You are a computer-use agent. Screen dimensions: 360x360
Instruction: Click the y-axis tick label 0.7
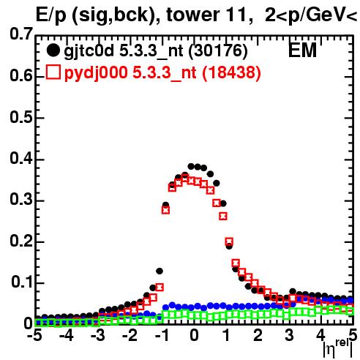(x=21, y=34)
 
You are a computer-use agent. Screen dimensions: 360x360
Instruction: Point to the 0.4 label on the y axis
(x=21, y=158)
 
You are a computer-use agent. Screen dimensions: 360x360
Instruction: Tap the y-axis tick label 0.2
(x=21, y=241)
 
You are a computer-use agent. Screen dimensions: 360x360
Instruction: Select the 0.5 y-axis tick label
(x=21, y=117)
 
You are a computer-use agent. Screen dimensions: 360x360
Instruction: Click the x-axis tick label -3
(x=97, y=335)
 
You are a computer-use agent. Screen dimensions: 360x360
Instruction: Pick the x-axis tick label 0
(x=194, y=335)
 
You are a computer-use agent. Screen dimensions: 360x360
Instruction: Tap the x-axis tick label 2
(x=258, y=335)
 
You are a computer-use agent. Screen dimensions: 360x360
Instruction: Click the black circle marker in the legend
(x=53, y=50)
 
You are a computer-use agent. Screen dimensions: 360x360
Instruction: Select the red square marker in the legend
(x=53, y=72)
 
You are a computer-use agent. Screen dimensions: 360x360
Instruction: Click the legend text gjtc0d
(x=89, y=51)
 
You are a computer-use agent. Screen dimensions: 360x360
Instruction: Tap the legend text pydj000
(x=96, y=73)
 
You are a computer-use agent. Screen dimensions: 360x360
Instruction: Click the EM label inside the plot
(x=302, y=50)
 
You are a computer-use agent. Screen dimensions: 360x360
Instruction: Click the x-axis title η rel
(x=338, y=349)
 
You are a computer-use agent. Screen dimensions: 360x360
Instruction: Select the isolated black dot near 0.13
(x=160, y=271)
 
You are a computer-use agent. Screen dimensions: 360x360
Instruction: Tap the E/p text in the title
(x=51, y=15)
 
